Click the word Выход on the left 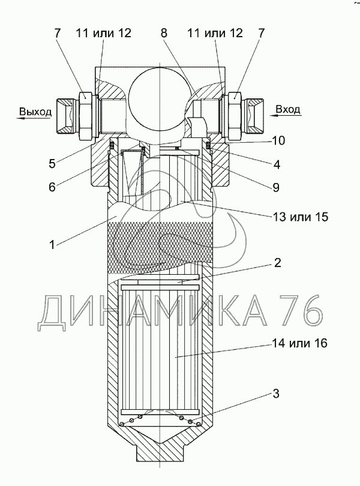pos(35,112)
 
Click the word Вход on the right pos(288,109)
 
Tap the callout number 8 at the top pos(164,33)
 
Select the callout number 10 pos(278,141)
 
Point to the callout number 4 pos(277,164)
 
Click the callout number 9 pos(275,187)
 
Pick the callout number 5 pos(52,163)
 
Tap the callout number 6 pos(52,187)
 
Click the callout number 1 pos(52,245)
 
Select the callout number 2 pos(278,263)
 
